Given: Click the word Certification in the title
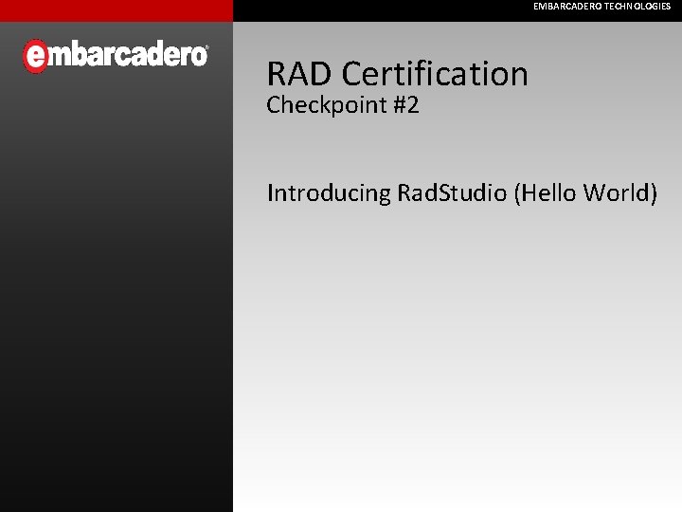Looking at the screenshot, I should pyautogui.click(x=435, y=74).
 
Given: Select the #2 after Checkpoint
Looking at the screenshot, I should pyautogui.click(x=404, y=105).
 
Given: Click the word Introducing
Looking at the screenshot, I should pyautogui.click(x=329, y=193).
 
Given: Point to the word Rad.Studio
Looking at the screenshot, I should pyautogui.click(x=453, y=193).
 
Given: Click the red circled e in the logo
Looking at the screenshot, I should pyautogui.click(x=35, y=56).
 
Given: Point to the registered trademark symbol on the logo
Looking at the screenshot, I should pyautogui.click(x=206, y=48).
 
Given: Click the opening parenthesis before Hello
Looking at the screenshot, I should pyautogui.click(x=517, y=193).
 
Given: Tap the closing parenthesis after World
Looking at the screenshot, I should pyautogui.click(x=653, y=193).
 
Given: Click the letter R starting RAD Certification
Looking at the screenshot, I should pyautogui.click(x=277, y=74).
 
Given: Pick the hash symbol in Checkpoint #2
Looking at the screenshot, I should pyautogui.click(x=398, y=105).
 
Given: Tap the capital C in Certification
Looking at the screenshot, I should pyautogui.click(x=352, y=74).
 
